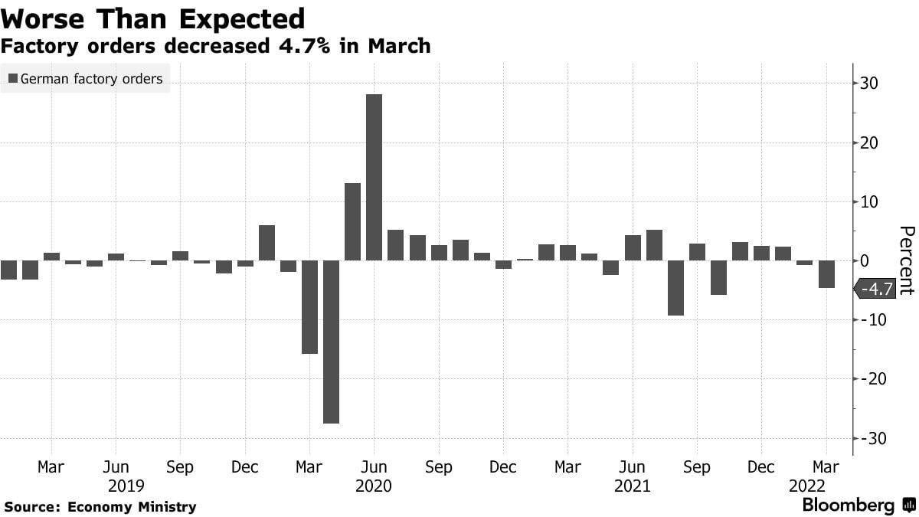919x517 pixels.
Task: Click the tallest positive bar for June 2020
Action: tap(374, 177)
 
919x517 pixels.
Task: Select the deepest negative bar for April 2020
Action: tap(331, 342)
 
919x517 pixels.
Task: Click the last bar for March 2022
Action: tap(826, 274)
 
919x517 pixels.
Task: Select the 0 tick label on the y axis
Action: tap(865, 260)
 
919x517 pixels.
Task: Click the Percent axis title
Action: tap(907, 260)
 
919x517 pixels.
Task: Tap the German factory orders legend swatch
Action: tap(13, 78)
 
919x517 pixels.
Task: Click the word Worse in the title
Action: tap(43, 19)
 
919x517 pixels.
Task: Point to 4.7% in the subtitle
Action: tap(304, 45)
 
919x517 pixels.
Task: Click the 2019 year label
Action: tap(126, 486)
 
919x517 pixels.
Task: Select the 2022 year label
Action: tap(807, 486)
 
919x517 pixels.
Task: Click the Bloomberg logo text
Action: tap(848, 505)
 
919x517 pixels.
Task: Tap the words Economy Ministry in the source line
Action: tap(132, 507)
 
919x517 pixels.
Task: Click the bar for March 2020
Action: tap(309, 307)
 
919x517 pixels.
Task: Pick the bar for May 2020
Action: tap(352, 221)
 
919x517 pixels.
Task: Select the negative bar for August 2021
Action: tap(675, 288)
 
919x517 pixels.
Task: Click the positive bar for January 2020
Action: tap(267, 243)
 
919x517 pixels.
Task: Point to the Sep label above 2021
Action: tap(697, 467)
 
